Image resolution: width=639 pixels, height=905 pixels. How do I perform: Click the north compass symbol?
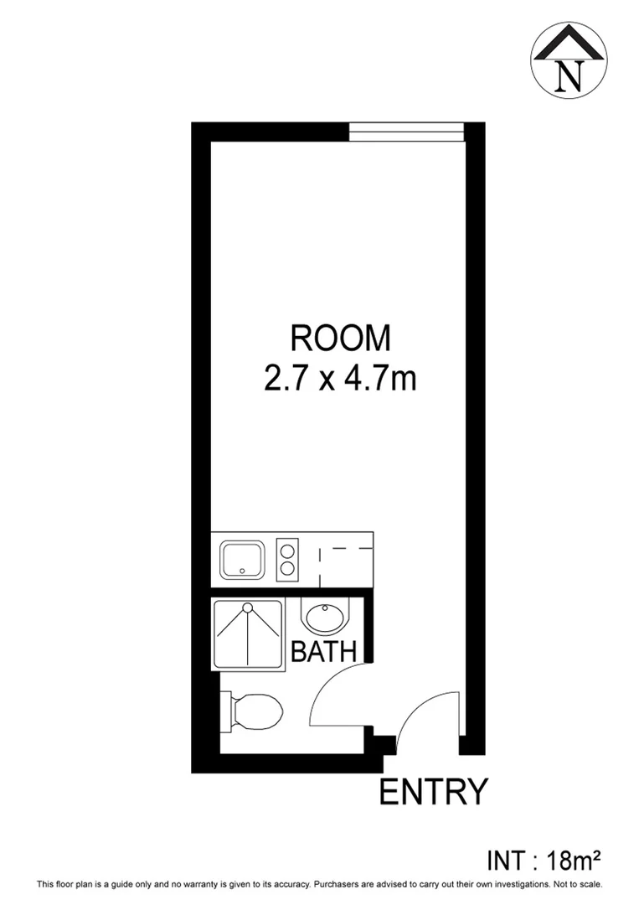[x=569, y=58]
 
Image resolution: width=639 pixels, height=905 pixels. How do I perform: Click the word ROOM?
[x=340, y=339]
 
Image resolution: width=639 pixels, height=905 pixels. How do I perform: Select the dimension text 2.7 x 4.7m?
[x=340, y=379]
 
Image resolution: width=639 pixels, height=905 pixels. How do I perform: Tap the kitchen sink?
[x=242, y=560]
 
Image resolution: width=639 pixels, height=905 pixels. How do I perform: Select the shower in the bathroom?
[x=247, y=633]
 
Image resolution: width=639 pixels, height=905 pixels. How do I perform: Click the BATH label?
[x=324, y=652]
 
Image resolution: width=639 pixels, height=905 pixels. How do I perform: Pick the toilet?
[x=252, y=711]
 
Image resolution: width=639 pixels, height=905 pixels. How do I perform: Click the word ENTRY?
[x=433, y=791]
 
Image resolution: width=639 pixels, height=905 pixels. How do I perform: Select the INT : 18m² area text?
[x=545, y=860]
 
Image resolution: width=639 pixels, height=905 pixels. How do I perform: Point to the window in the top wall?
[x=406, y=127]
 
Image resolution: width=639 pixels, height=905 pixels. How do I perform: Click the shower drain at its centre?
[x=248, y=607]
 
